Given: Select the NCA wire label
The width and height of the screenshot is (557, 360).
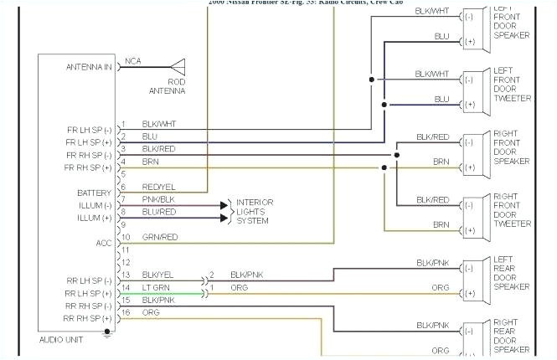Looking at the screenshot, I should (133, 61).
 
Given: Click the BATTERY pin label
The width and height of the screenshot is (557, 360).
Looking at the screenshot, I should (95, 193).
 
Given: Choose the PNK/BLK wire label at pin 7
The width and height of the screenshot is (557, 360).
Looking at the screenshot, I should (158, 199).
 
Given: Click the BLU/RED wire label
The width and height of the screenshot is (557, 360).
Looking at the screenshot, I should (158, 212).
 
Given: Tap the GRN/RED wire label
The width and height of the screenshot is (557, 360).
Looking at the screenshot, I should (159, 237).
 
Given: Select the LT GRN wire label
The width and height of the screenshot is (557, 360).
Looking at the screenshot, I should (157, 287).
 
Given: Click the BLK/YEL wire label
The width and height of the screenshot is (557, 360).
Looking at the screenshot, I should (158, 275).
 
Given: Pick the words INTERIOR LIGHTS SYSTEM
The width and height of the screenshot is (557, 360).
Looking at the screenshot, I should (255, 211).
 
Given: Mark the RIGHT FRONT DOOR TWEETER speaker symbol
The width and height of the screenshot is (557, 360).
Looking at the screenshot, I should (473, 213).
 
